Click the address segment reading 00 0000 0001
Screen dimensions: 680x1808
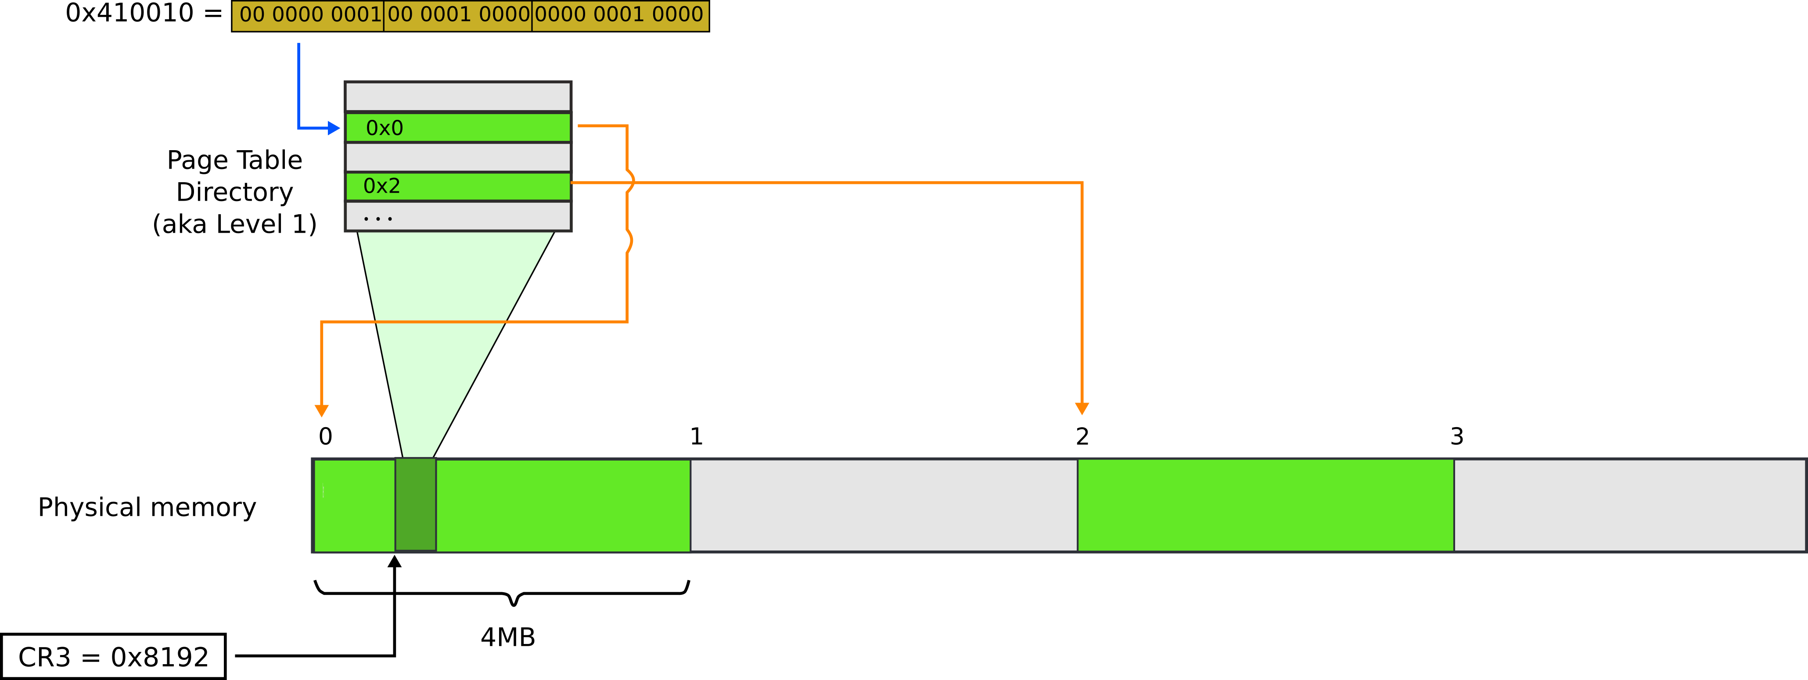click(309, 15)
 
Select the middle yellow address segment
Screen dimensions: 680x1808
click(458, 15)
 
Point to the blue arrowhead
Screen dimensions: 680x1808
click(334, 129)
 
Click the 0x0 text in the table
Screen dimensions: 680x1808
click(385, 129)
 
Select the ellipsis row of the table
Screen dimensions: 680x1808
click(458, 217)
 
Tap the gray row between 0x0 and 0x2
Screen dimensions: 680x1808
click(458, 157)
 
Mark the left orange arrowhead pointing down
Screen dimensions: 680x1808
click(321, 410)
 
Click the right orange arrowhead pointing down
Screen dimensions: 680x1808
click(1082, 408)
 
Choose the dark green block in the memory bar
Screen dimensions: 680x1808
click(416, 504)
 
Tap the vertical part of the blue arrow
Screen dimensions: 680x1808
click(299, 84)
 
